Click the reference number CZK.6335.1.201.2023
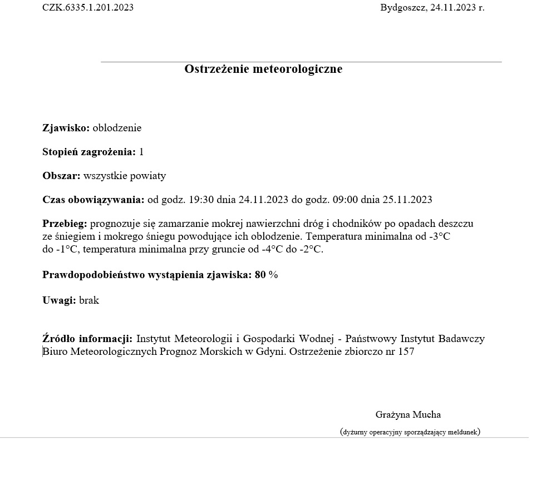coord(88,7)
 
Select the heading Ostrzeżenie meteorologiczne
coord(263,69)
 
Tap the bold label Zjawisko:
coord(66,128)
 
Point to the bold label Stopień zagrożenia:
coord(89,152)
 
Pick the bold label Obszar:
coord(61,176)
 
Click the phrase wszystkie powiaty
coord(125,176)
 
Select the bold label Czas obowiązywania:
coord(93,200)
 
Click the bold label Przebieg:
coord(65,224)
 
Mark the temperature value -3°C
coord(439,236)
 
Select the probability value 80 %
coord(266,275)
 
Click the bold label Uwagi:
coord(59,300)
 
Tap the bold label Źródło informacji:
coord(87,339)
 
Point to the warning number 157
coord(406,352)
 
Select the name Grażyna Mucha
coord(408,414)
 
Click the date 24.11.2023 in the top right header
coord(453,7)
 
